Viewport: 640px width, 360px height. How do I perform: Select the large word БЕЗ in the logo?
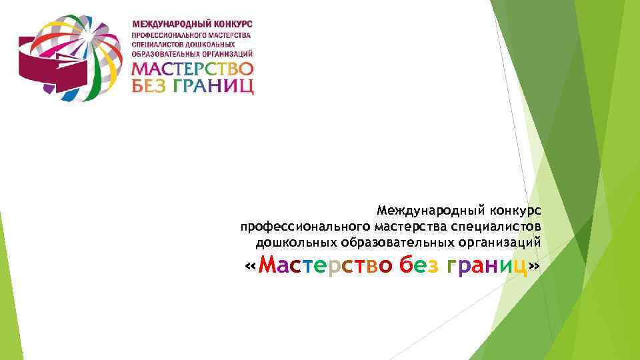[x=151, y=86]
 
